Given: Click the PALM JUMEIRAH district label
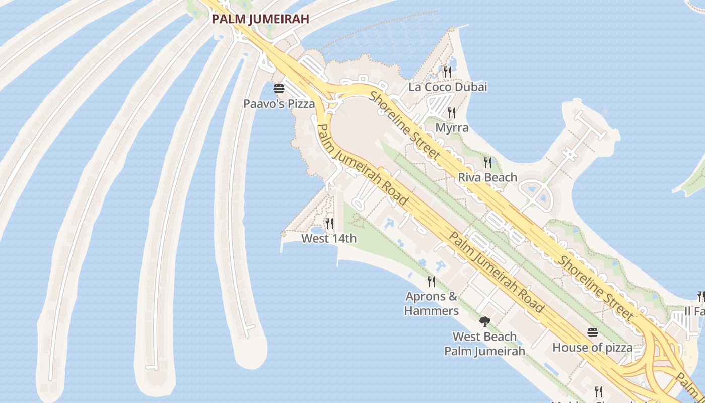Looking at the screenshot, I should coord(260,19).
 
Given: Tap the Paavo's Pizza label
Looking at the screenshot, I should coord(279,104).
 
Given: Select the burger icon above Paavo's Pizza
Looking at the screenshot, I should coord(279,89).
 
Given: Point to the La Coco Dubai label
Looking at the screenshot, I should coord(448,87).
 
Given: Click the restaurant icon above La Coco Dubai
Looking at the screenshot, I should coord(448,72).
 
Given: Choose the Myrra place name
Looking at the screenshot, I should coord(452,127).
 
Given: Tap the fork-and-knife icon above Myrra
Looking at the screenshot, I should coord(452,113).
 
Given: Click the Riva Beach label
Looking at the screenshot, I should coord(487,177).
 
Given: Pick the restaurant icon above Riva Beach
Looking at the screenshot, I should coord(487,162).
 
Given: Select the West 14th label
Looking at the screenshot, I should coord(329,238).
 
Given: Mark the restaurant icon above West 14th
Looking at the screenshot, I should coord(329,223).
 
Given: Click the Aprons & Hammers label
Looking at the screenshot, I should coord(432,303).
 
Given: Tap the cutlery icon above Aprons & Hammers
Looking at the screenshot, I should coord(432,281).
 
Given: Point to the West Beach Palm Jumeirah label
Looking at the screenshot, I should coord(484,344).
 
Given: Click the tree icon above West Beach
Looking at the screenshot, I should coord(484,321).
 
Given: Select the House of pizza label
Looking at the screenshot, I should coord(592,347).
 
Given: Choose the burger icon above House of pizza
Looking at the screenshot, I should coord(592,332).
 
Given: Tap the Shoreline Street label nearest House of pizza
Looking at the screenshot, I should coord(597,288).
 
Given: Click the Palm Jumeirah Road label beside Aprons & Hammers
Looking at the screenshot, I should coord(496,273).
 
